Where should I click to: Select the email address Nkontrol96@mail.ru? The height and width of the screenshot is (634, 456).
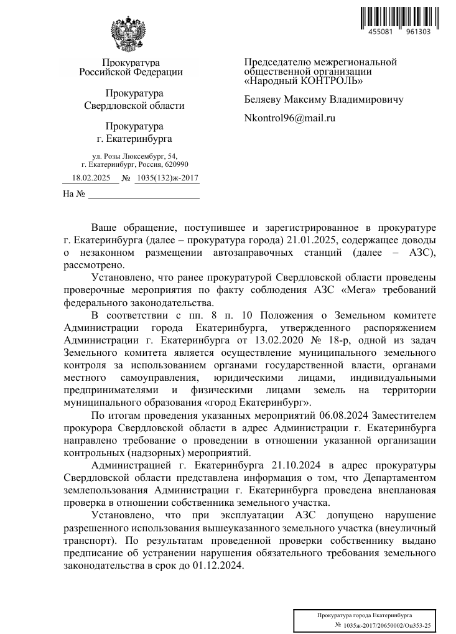[290, 117]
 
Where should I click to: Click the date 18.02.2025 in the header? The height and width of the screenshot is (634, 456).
[91, 178]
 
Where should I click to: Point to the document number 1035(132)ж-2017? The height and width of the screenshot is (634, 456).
[167, 178]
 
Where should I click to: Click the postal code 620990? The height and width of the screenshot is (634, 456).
[166, 164]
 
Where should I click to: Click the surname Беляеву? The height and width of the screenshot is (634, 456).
[263, 99]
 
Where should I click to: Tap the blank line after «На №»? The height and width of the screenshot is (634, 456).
[144, 195]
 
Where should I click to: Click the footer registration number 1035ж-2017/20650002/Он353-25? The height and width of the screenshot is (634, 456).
[383, 623]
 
